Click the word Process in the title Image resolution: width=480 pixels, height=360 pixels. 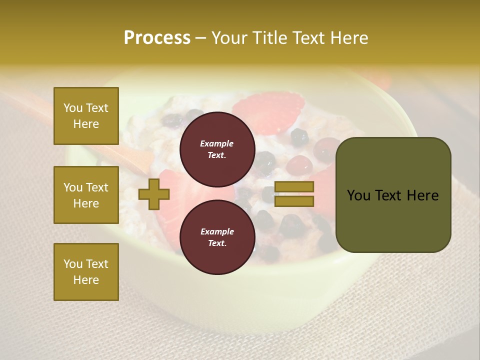(157, 38)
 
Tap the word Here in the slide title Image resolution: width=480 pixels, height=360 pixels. (349, 38)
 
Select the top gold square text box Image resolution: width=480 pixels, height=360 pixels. (86, 116)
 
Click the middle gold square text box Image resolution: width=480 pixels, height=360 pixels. (86, 195)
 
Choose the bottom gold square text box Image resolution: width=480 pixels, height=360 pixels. (86, 272)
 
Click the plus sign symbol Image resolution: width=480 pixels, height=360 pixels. (154, 194)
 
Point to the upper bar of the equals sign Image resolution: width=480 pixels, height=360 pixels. (294, 187)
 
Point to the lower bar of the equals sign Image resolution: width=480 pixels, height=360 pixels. (294, 201)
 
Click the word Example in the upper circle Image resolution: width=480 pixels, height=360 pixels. (216, 143)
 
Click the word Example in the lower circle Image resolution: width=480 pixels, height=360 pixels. (217, 231)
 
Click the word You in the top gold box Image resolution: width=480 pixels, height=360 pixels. (73, 108)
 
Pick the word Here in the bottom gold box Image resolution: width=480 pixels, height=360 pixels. (86, 280)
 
